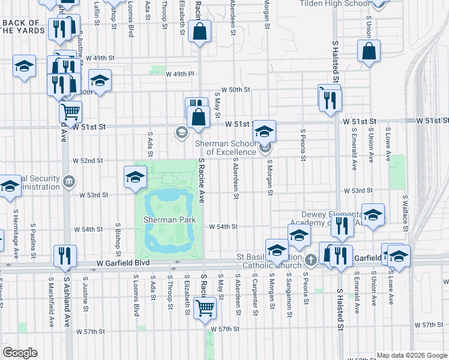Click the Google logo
(20, 352)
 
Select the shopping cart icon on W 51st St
(70, 111)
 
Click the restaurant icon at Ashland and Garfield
(64, 255)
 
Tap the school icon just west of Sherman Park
(135, 176)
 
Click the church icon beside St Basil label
(310, 260)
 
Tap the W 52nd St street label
(88, 161)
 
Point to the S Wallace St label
(406, 210)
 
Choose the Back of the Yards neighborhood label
(22, 27)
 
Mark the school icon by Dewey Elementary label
(373, 216)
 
